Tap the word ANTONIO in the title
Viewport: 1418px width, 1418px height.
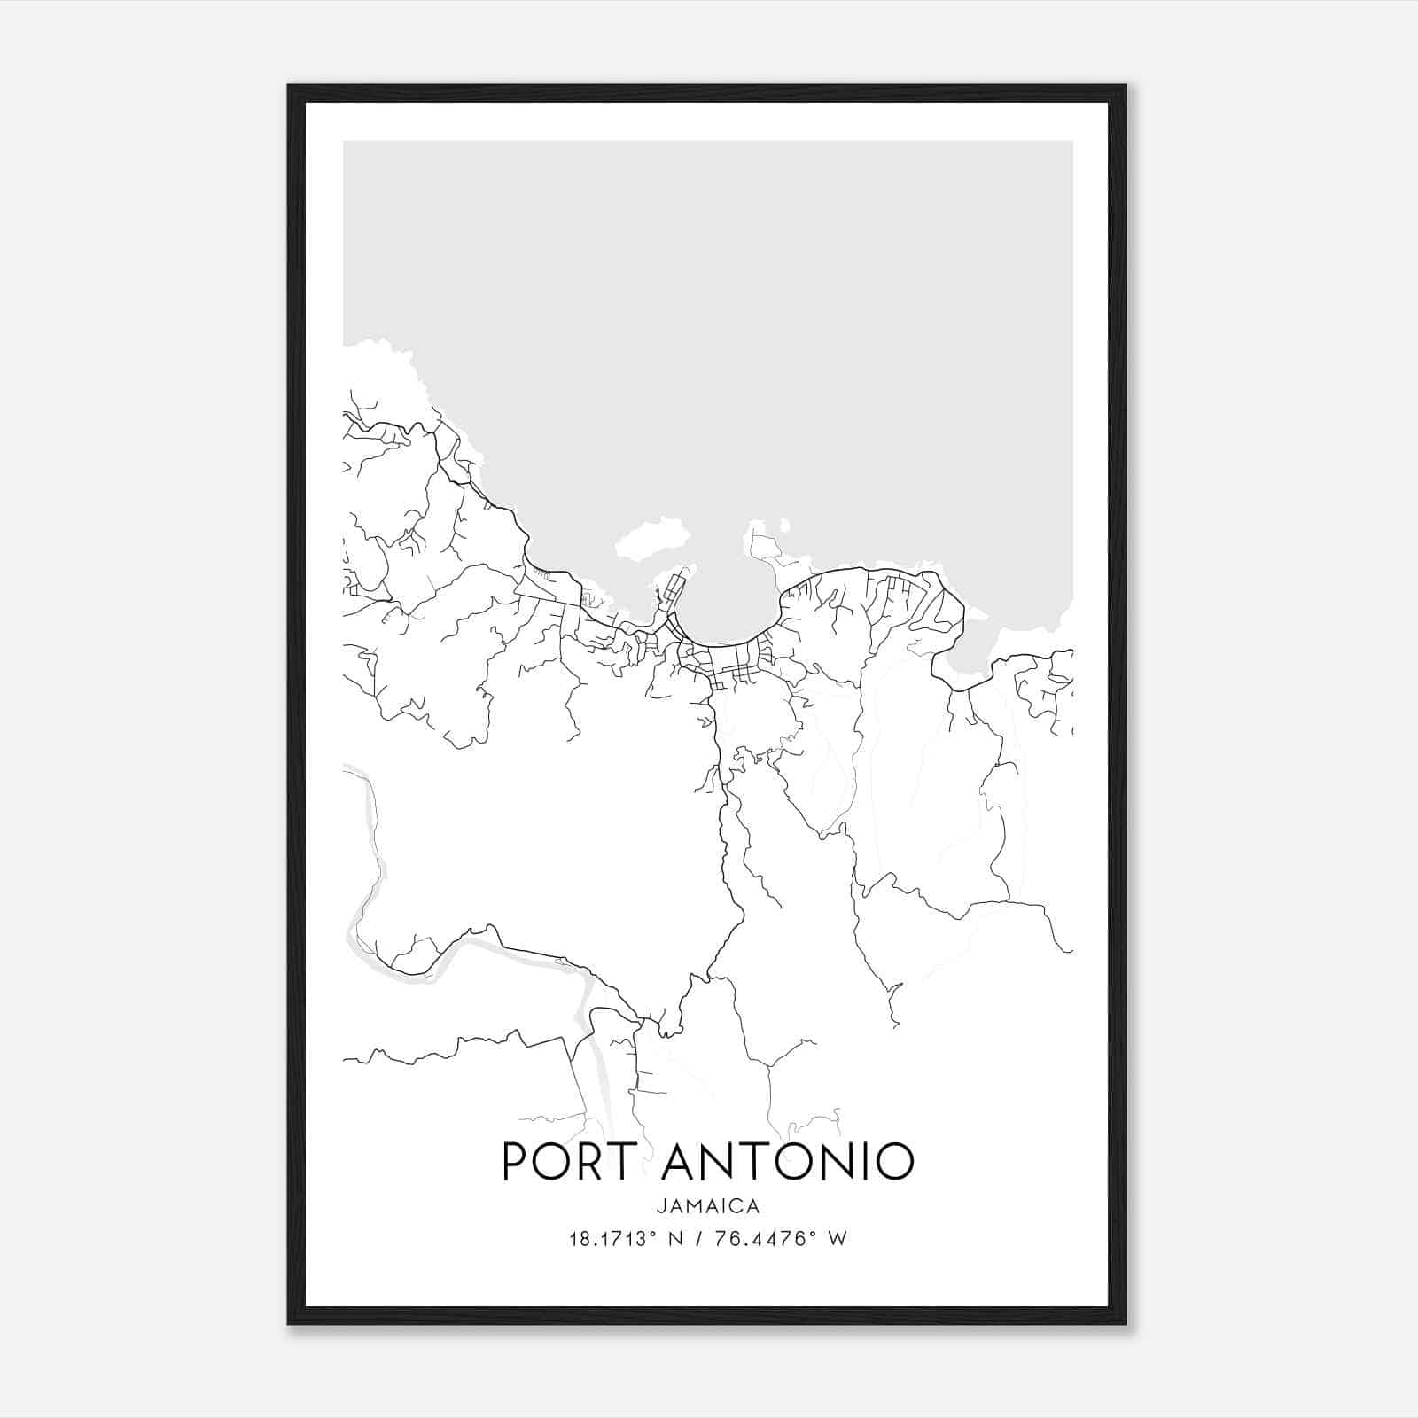tap(787, 1161)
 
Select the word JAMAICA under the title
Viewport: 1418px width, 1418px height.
tap(708, 1206)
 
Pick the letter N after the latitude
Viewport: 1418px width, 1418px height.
tap(675, 1239)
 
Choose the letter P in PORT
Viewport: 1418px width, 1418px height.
tap(515, 1161)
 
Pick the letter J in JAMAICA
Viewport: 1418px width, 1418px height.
tap(662, 1206)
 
